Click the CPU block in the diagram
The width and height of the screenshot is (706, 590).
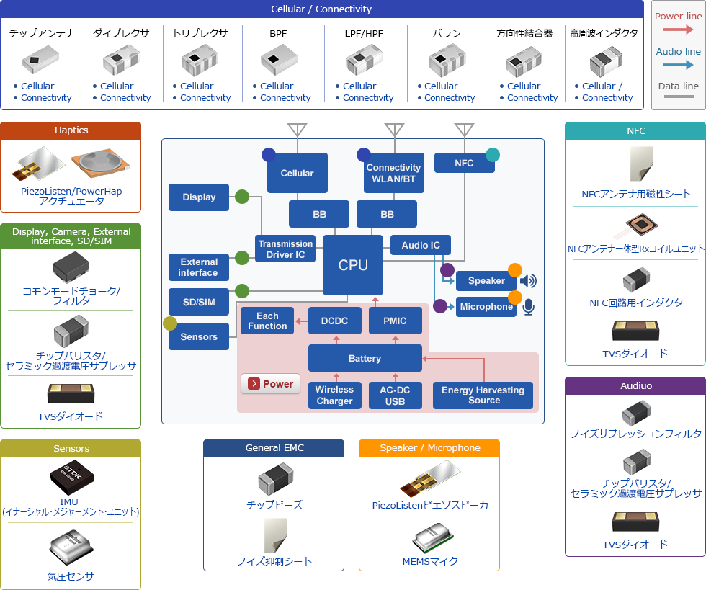pyautogui.click(x=353, y=265)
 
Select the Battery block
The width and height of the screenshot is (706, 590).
pyautogui.click(x=365, y=358)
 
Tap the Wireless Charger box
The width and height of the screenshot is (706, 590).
pyautogui.click(x=334, y=395)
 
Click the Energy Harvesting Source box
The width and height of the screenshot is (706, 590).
pyautogui.click(x=483, y=395)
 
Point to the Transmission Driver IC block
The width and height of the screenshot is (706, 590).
pyautogui.click(x=286, y=249)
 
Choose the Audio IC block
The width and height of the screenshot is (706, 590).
pyautogui.click(x=421, y=245)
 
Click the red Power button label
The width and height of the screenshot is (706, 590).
pyautogui.click(x=270, y=384)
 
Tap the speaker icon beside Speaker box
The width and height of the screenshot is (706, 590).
pyautogui.click(x=528, y=281)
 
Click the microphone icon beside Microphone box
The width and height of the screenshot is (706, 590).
pyautogui.click(x=529, y=307)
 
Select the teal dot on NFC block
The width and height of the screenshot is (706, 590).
pyautogui.click(x=493, y=154)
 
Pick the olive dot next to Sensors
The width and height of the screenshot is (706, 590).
pyautogui.click(x=170, y=323)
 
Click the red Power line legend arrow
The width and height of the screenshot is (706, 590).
pyautogui.click(x=678, y=30)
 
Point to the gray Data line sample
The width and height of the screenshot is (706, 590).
pyautogui.click(x=678, y=96)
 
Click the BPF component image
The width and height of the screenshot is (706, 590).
pyautogui.click(x=277, y=61)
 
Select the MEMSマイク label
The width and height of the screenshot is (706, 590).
pyautogui.click(x=429, y=561)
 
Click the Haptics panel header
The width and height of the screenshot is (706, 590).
pyautogui.click(x=71, y=130)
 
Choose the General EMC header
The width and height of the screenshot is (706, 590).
pyautogui.click(x=274, y=448)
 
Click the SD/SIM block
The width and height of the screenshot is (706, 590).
pyautogui.click(x=199, y=302)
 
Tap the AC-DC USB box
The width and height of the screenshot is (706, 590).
pyautogui.click(x=395, y=395)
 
